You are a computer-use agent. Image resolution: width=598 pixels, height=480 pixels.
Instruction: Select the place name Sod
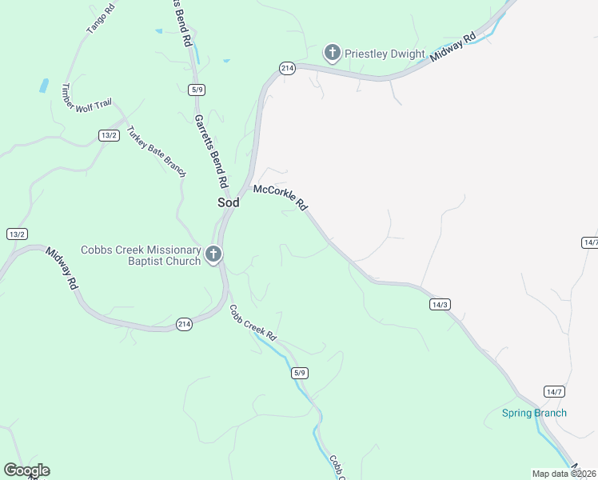[229, 202]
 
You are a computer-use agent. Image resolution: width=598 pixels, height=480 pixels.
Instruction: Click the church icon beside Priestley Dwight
[332, 54]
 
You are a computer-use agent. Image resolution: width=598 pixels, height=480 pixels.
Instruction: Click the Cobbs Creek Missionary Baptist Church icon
[213, 255]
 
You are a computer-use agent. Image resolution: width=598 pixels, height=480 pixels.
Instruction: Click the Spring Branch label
[534, 413]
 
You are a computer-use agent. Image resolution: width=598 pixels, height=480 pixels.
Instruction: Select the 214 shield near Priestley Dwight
[288, 69]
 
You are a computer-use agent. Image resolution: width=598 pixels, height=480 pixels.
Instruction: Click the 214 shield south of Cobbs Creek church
[184, 324]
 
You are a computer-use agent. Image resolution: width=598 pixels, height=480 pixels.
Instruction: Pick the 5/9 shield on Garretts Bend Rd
[197, 89]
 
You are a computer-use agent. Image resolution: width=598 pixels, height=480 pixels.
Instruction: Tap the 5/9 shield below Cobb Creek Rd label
[300, 373]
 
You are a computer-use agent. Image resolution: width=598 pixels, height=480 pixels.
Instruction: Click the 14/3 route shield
[441, 304]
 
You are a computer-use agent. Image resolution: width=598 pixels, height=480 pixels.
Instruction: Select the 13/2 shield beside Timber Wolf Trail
[109, 135]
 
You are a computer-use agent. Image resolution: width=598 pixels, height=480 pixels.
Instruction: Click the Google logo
[26, 470]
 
